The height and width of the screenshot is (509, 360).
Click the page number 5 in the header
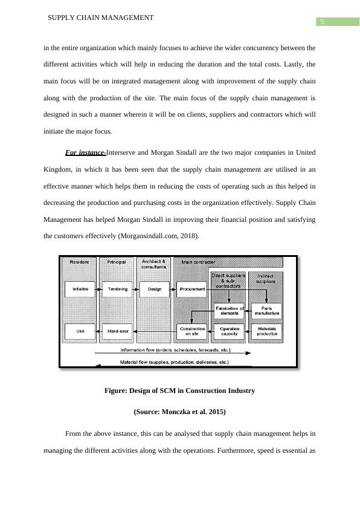pos(323,22)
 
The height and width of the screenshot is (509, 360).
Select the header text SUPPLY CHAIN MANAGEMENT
pos(100,18)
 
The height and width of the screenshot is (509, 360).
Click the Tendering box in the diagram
pos(117,290)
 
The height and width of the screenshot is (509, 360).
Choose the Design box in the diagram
pos(155,290)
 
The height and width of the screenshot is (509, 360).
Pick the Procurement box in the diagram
pos(192,290)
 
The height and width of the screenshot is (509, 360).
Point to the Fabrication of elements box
pos(230,311)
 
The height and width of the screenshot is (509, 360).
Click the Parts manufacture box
pos(266,311)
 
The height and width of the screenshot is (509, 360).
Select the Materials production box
pos(266,332)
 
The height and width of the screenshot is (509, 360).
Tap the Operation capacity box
pos(230,332)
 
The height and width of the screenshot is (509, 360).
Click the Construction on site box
pos(192,332)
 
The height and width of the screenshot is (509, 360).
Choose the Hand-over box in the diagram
pos(117,332)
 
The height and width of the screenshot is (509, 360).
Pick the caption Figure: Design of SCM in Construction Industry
pos(179,391)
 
